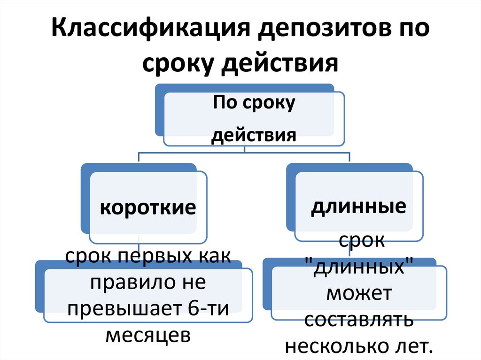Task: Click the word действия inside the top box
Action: point(254,136)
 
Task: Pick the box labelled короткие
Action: point(147,207)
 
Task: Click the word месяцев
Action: point(148,336)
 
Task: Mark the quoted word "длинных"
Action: point(359,268)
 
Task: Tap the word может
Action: point(359,294)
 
